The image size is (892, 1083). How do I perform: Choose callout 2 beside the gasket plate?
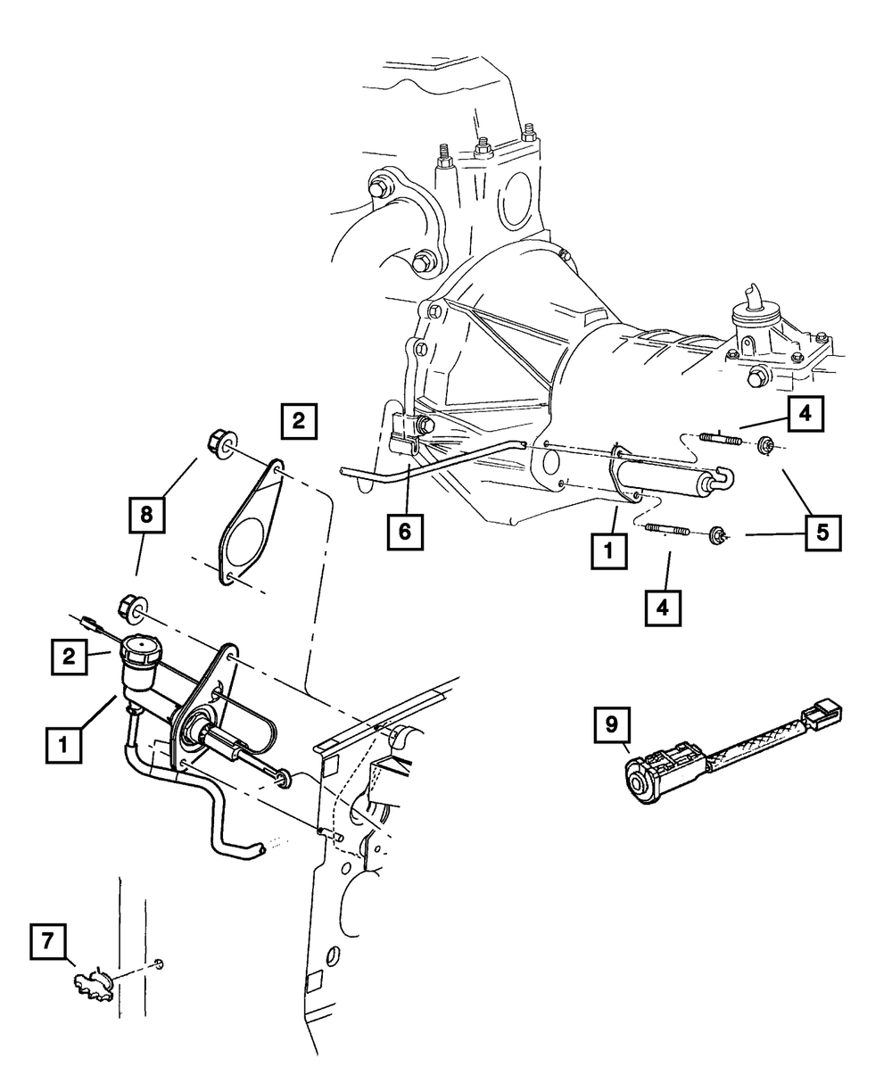[298, 419]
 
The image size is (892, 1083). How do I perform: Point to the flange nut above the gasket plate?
[219, 441]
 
